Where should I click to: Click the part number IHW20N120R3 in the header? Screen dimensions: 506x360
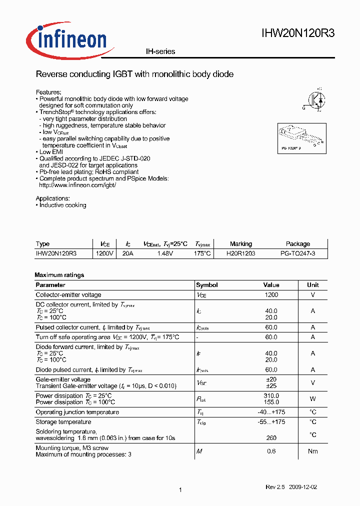298,34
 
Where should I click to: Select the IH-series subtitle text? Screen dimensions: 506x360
160,51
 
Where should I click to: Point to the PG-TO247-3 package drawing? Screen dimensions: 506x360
301,138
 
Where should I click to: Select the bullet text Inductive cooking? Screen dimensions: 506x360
62,205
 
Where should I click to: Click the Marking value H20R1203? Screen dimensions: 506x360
240,253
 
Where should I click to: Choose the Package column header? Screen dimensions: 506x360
298,244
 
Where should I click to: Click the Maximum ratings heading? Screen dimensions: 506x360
59,275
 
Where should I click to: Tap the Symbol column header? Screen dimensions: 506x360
206,285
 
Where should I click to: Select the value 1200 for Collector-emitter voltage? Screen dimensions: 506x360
271,295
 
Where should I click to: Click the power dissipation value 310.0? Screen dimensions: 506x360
271,395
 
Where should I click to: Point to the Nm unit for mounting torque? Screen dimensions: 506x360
313,451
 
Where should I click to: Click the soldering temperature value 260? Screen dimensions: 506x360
271,438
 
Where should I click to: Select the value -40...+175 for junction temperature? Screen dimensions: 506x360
271,412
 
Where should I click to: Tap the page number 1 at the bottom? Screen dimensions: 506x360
179,490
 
